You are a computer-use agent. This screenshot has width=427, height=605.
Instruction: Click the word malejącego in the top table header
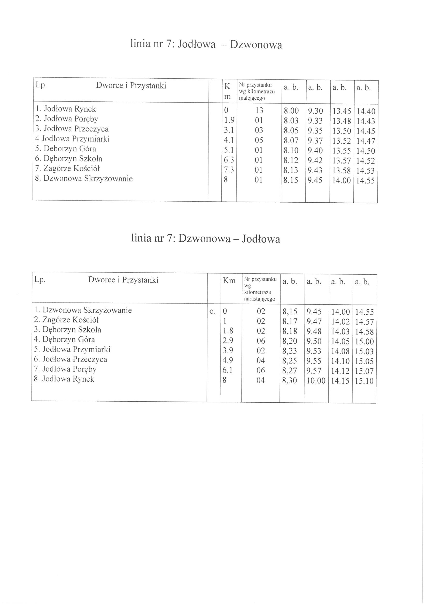[252, 98]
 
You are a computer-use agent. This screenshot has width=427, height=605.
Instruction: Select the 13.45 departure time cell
[342, 111]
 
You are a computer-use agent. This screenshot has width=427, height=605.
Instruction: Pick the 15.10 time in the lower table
[364, 381]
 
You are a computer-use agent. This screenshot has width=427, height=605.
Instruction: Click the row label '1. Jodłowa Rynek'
[66, 109]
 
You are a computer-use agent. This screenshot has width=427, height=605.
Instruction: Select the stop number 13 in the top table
[259, 111]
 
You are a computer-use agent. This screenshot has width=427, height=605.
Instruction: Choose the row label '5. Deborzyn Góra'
[66, 149]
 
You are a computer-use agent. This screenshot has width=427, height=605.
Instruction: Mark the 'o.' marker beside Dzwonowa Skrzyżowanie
[212, 312]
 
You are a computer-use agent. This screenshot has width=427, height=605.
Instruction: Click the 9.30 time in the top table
[315, 111]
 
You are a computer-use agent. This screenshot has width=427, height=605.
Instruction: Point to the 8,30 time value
[289, 381]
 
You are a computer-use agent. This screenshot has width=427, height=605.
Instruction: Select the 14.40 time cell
[366, 112]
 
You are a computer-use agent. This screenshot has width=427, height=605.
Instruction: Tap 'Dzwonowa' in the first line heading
[256, 45]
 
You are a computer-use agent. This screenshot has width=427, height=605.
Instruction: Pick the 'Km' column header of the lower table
[229, 281]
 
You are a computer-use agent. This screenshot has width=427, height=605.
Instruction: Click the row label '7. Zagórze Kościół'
[68, 168]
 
